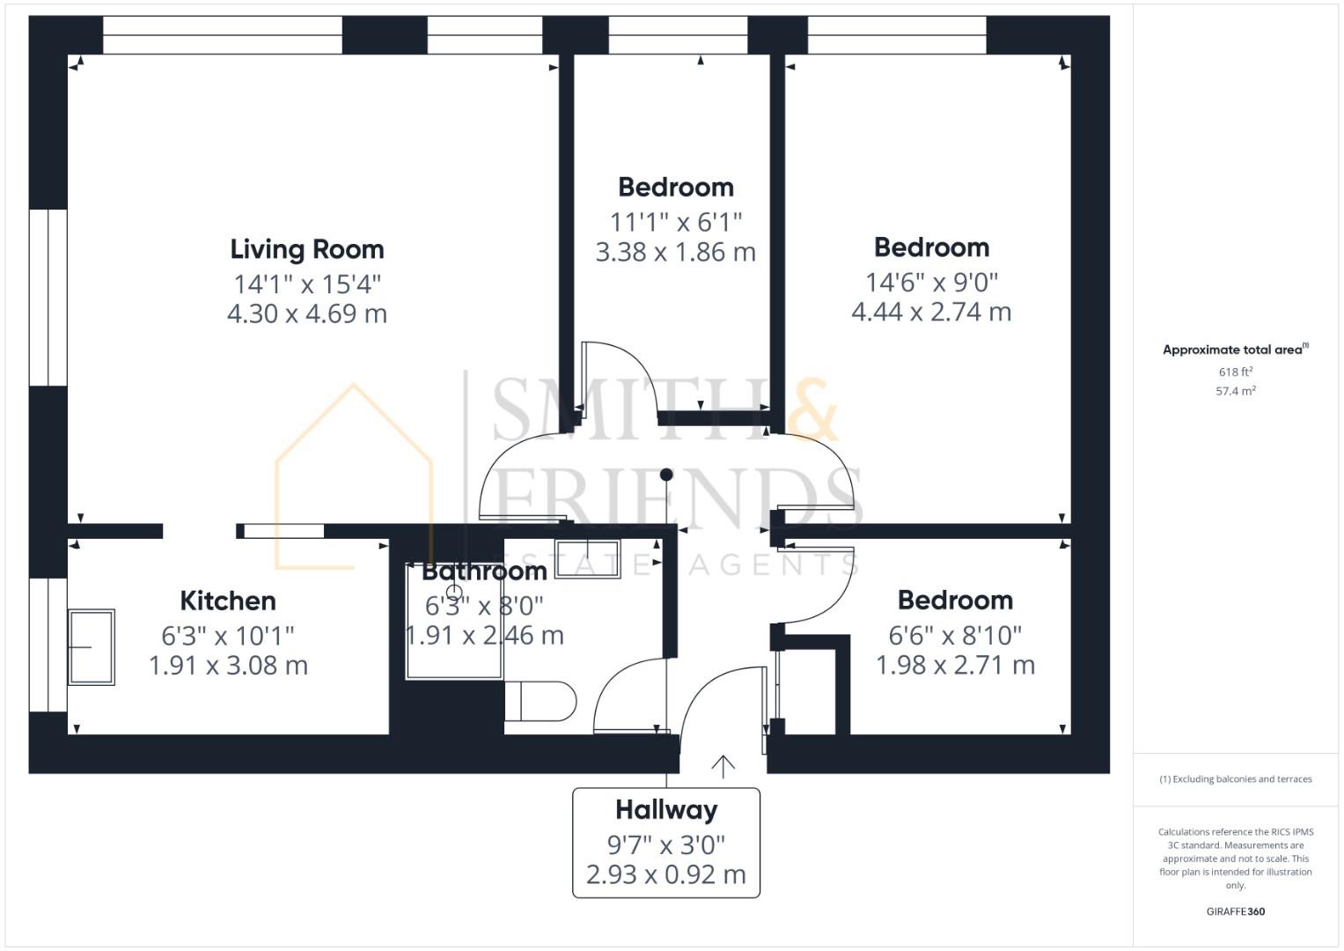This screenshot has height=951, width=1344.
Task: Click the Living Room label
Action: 307,249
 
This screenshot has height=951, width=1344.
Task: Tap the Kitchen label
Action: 228,601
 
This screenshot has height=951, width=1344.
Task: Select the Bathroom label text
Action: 485,571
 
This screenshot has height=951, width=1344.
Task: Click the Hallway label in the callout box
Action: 666,809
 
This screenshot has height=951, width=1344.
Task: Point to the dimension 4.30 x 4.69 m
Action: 307,313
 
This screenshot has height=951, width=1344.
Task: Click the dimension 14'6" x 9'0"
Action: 931,282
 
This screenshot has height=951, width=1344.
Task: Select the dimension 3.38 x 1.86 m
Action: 675,252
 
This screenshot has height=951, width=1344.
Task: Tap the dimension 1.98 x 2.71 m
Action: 955,665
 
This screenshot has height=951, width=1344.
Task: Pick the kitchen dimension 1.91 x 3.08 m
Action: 228,665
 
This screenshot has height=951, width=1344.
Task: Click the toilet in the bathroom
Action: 540,701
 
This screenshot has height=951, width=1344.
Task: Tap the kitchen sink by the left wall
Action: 91,647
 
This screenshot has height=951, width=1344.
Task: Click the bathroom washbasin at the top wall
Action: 588,558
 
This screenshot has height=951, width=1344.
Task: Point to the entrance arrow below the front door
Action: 723,766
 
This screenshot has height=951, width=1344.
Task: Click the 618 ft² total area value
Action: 1236,372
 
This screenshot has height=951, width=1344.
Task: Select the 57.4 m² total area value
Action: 1236,391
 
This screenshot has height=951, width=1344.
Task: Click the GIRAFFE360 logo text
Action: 1236,911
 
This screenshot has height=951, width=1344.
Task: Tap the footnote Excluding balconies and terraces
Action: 1236,779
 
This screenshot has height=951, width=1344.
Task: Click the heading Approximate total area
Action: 1234,350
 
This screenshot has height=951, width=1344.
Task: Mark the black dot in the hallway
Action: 666,475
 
